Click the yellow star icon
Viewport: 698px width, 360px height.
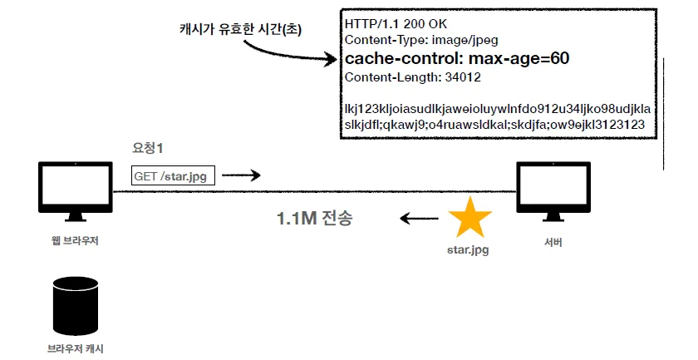pos(469,219)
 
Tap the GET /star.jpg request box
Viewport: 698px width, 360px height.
pos(173,176)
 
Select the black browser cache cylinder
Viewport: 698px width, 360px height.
pos(76,306)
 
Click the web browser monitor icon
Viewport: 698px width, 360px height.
pos(76,191)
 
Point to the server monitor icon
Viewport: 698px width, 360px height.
pos(553,191)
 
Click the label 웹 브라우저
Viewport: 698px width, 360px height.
pos(75,241)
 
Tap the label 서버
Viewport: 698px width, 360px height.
pos(553,242)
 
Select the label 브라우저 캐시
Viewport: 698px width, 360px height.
pos(76,348)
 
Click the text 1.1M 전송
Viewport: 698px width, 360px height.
pos(315,218)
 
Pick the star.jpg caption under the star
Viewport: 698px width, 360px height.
pos(468,249)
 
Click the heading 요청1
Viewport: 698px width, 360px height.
pos(147,148)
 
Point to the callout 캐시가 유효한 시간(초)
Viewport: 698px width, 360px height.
pos(240,29)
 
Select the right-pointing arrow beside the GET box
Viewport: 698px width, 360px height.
pos(241,175)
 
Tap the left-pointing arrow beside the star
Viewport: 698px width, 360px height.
pos(419,219)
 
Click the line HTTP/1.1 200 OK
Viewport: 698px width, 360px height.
pos(396,24)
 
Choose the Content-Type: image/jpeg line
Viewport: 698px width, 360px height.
pos(421,40)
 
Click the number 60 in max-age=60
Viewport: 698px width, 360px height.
pos(559,58)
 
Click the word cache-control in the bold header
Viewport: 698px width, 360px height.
pos(401,58)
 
